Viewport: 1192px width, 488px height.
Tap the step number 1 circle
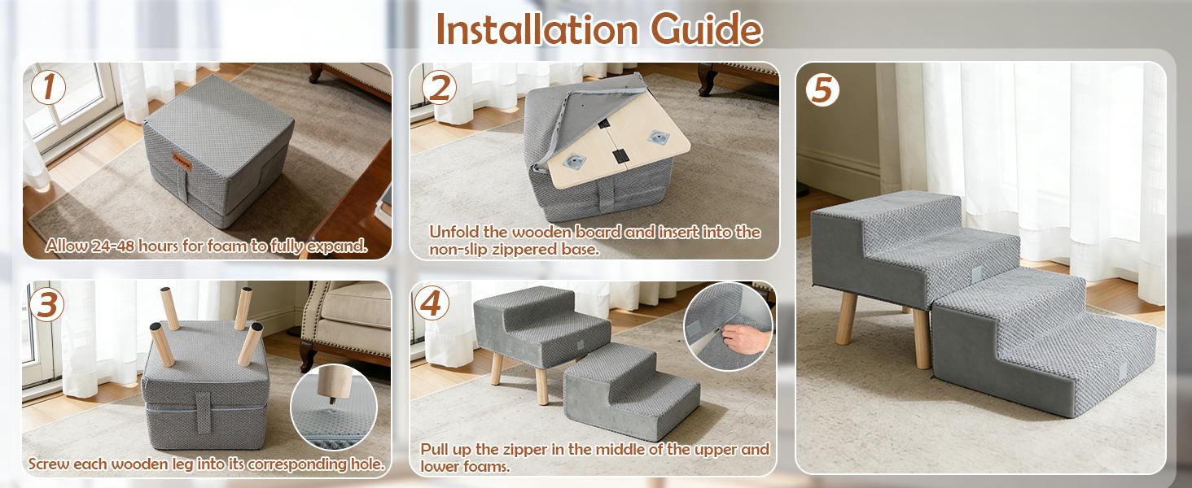49,88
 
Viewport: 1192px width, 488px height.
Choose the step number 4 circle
432,303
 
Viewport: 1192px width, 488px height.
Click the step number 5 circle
823,89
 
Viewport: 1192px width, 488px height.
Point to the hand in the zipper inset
737,334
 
